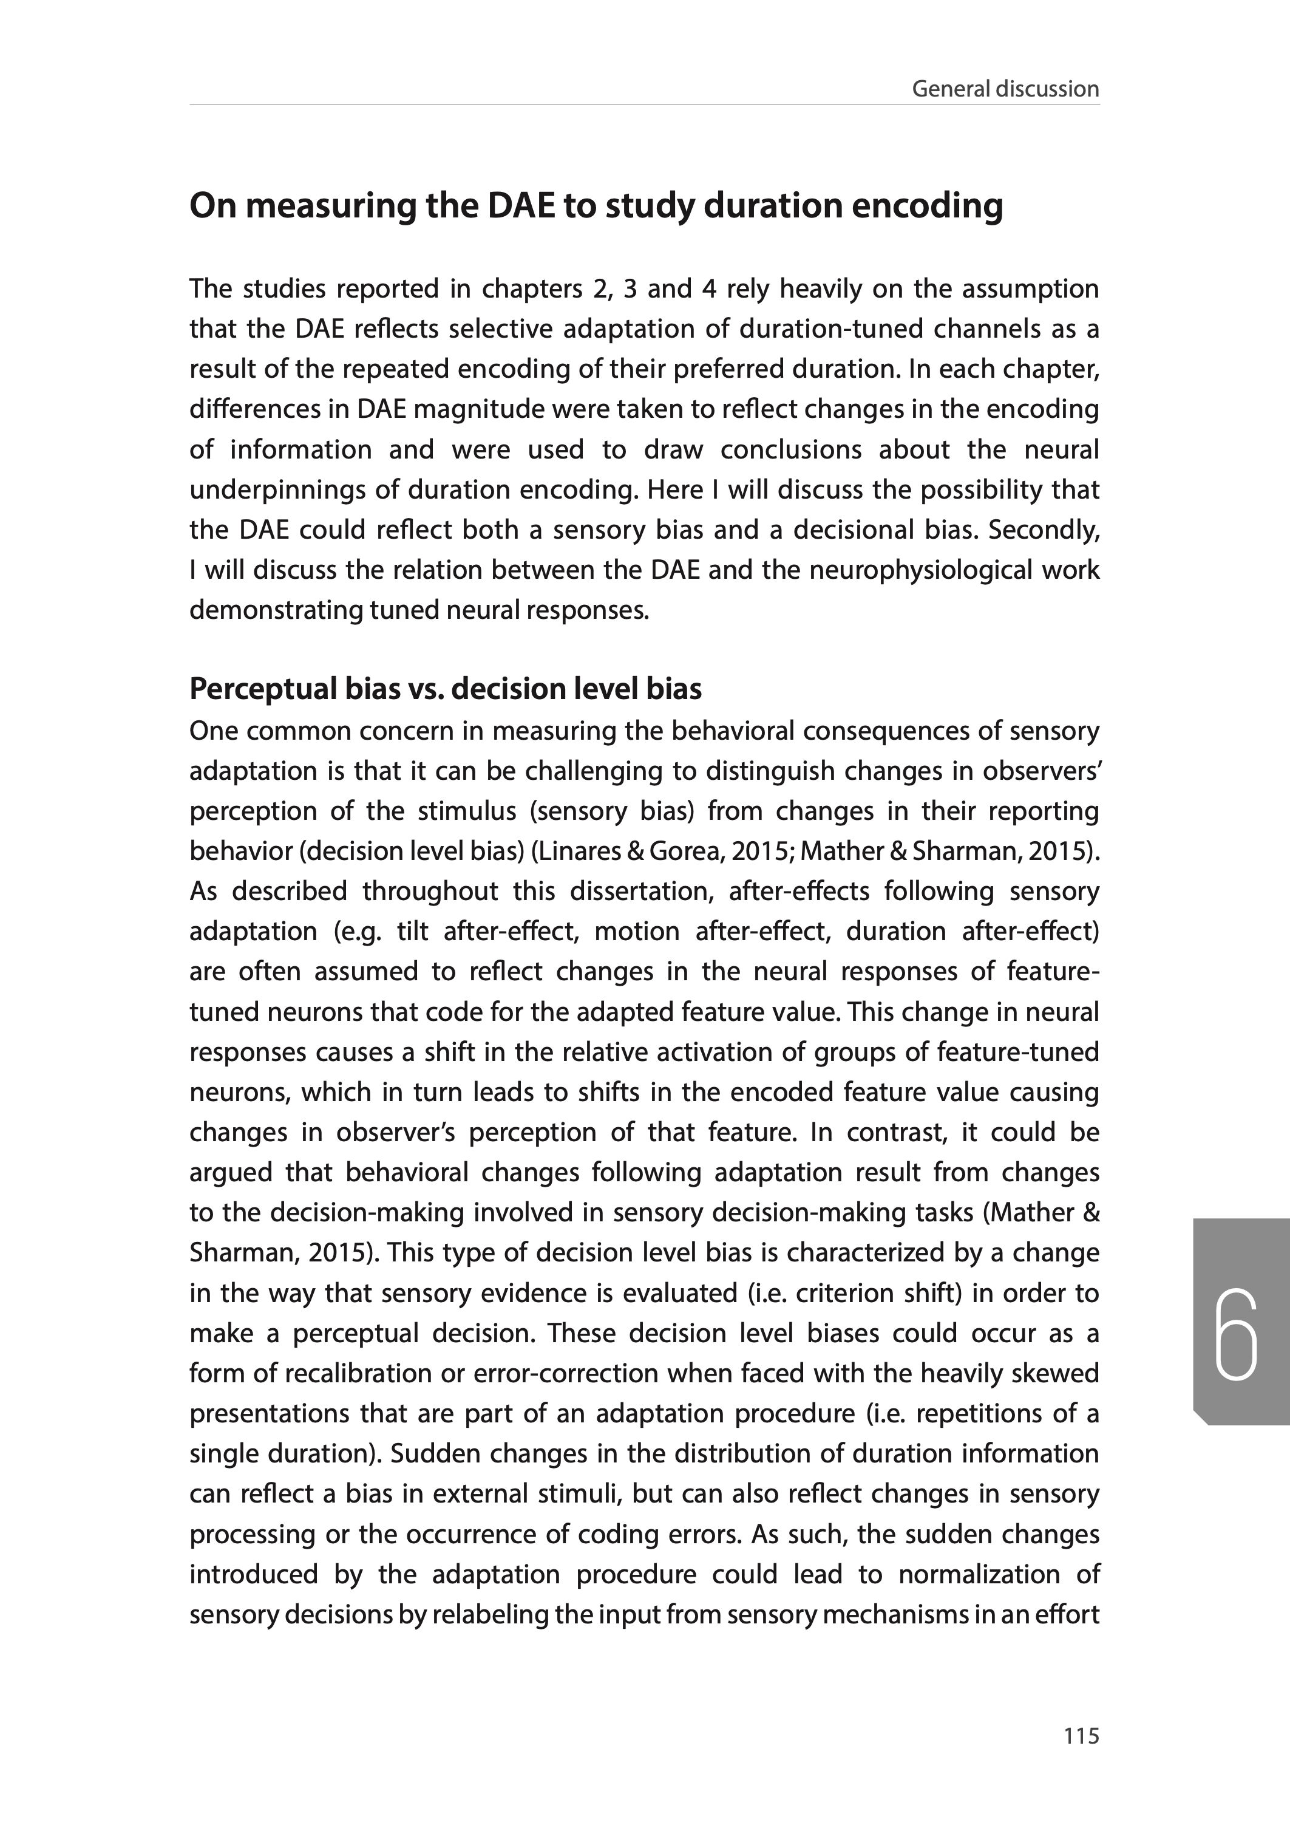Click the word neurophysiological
coord(917,570)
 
